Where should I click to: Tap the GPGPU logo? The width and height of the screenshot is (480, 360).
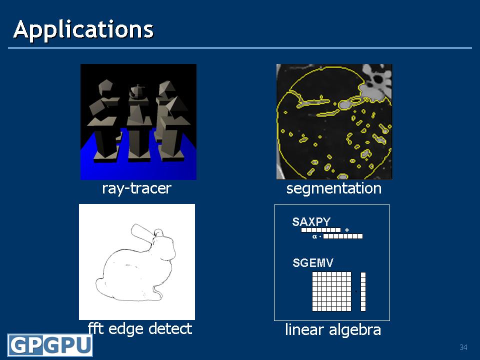pyautogui.click(x=50, y=345)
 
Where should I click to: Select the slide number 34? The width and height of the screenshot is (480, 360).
pyautogui.click(x=463, y=347)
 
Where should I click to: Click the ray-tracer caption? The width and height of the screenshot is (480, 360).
pyautogui.click(x=136, y=188)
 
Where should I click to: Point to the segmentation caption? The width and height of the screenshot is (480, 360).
pyautogui.click(x=333, y=188)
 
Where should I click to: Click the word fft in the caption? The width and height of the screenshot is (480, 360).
pyautogui.click(x=95, y=328)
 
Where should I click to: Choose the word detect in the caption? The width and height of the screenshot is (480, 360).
pyautogui.click(x=170, y=328)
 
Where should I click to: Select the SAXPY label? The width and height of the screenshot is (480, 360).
pyautogui.click(x=311, y=221)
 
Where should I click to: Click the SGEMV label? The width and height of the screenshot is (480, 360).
pyautogui.click(x=313, y=262)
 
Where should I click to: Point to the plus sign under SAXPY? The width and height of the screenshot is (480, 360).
pyautogui.click(x=347, y=230)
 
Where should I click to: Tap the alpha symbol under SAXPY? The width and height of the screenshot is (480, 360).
pyautogui.click(x=314, y=236)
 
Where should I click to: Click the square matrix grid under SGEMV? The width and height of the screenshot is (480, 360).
pyautogui.click(x=332, y=291)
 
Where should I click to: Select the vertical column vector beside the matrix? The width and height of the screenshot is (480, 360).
pyautogui.click(x=363, y=291)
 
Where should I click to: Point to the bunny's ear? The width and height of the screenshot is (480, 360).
pyautogui.click(x=142, y=231)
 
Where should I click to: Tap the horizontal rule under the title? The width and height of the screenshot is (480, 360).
pyautogui.click(x=240, y=48)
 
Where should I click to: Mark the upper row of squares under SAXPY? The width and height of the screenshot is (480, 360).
pyautogui.click(x=321, y=230)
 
